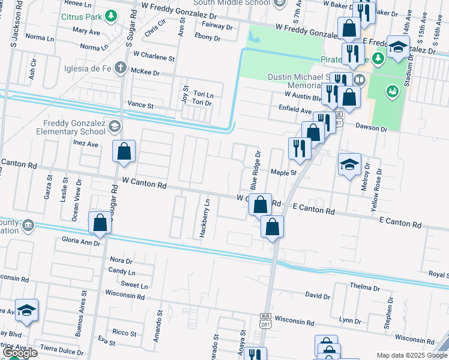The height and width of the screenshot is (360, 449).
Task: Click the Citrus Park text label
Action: tap(82, 16)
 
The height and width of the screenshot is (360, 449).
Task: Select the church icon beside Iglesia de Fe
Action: tap(120, 68)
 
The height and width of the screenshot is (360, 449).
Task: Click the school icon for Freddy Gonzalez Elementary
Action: tap(114, 127)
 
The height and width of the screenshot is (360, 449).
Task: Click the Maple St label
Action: tap(284, 172)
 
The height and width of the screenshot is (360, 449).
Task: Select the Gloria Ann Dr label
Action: tap(80, 244)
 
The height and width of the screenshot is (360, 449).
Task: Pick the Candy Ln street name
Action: tap(122, 271)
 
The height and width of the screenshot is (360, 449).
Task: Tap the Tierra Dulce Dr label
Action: tap(62, 348)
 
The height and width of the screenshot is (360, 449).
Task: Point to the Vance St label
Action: tap(141, 105)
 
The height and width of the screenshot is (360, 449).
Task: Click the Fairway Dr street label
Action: tap(217, 26)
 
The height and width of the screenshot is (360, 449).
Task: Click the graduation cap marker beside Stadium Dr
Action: tap(397, 47)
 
